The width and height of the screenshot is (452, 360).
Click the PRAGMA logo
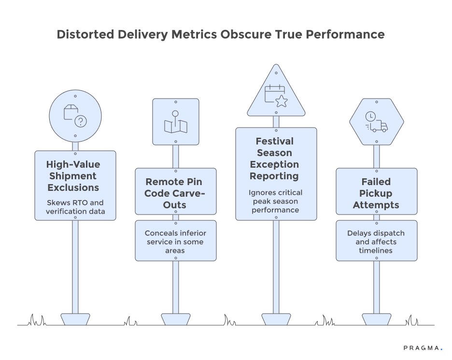click(x=422, y=347)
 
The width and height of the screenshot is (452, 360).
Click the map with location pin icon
click(x=175, y=122)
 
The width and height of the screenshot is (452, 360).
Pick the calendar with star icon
click(x=276, y=95)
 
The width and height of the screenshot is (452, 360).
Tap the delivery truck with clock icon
click(x=376, y=122)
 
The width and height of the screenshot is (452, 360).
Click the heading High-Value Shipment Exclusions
click(x=75, y=176)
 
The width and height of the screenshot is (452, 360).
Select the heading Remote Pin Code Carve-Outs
click(x=175, y=193)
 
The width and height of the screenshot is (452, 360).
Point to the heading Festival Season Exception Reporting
click(x=276, y=158)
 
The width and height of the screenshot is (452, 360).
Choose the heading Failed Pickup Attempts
click(x=376, y=193)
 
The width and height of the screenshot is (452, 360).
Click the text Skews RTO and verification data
click(x=75, y=206)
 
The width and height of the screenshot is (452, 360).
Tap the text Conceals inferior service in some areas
click(x=175, y=242)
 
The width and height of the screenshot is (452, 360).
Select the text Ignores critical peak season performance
click(x=276, y=202)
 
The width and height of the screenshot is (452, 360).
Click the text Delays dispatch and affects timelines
click(x=376, y=242)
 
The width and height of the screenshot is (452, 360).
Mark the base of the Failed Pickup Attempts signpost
click(x=376, y=319)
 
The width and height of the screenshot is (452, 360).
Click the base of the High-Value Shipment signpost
click(x=75, y=319)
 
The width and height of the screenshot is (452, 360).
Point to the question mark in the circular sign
click(x=81, y=121)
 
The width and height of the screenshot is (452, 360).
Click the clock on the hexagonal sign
click(x=370, y=116)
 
